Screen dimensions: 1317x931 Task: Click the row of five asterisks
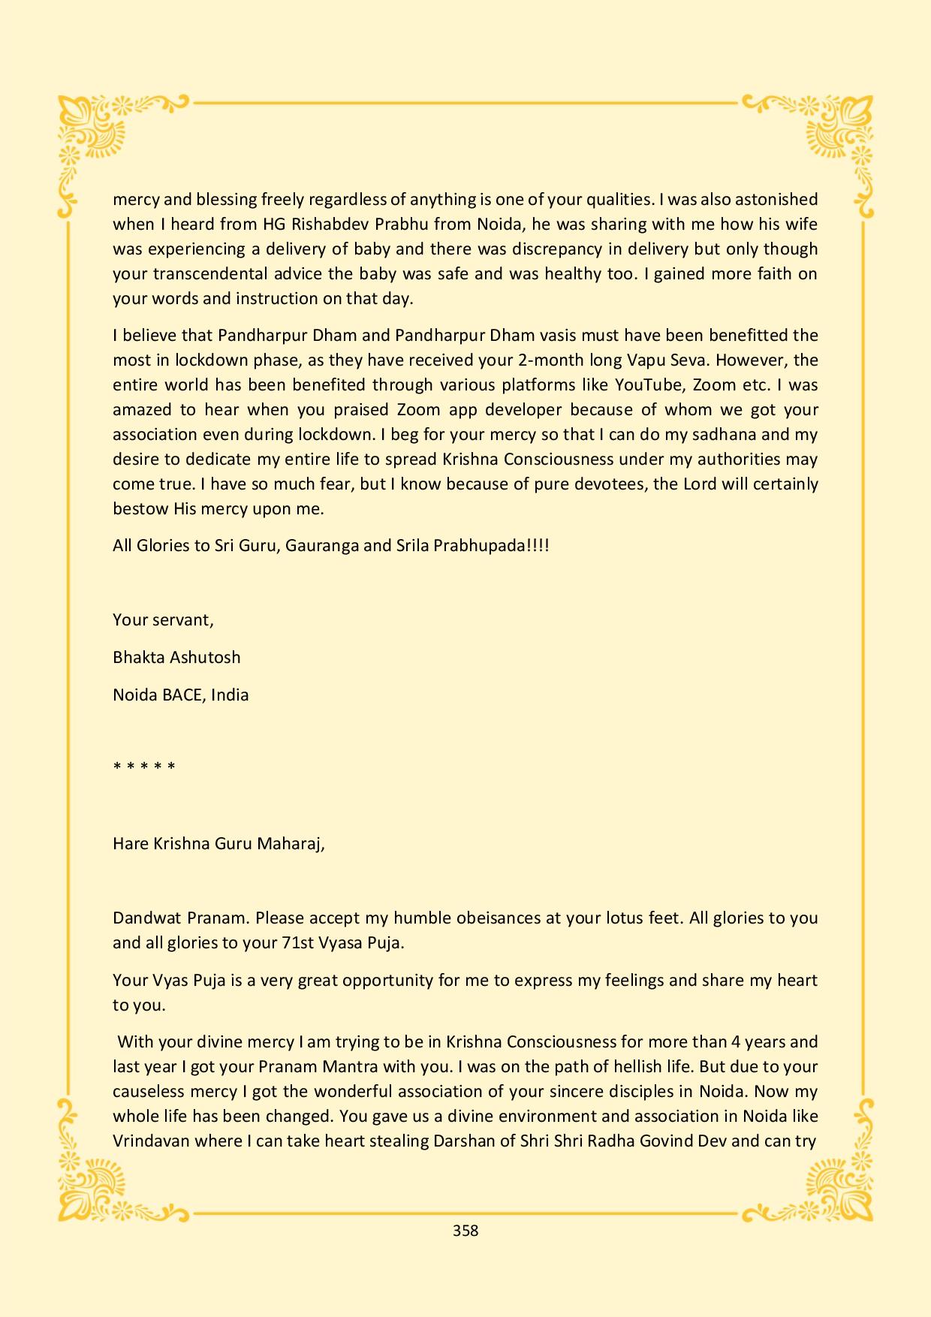pyautogui.click(x=144, y=767)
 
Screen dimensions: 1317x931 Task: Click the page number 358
pyautogui.click(x=465, y=1230)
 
